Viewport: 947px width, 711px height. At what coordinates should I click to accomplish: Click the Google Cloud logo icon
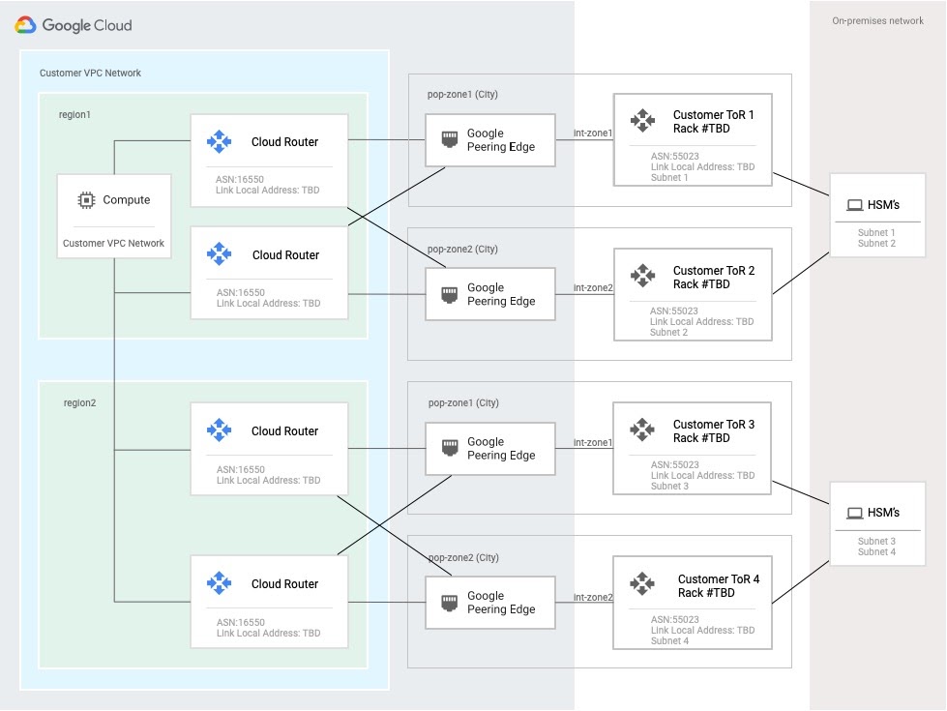pyautogui.click(x=25, y=25)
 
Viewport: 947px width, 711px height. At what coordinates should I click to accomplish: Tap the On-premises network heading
pyautogui.click(x=877, y=21)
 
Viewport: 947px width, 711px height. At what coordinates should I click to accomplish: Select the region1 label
pyautogui.click(x=74, y=114)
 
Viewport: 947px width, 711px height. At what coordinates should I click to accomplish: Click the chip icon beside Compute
pyautogui.click(x=87, y=200)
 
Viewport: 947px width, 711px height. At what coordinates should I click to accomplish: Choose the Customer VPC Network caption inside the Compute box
pyautogui.click(x=113, y=243)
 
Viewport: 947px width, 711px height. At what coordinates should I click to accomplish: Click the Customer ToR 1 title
pyautogui.click(x=713, y=115)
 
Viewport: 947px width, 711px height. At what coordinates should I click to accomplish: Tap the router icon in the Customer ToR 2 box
pyautogui.click(x=642, y=276)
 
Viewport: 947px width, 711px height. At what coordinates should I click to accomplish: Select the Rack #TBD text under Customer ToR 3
pyautogui.click(x=701, y=438)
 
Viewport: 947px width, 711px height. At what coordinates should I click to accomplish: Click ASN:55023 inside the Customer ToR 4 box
pyautogui.click(x=675, y=619)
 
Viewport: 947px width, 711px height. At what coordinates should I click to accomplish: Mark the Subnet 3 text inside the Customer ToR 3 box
pyautogui.click(x=669, y=487)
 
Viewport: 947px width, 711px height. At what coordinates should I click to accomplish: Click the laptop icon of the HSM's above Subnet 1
pyautogui.click(x=854, y=205)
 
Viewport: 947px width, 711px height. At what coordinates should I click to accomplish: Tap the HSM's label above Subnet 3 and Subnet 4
pyautogui.click(x=883, y=513)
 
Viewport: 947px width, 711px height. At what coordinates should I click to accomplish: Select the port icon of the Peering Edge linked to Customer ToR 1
pyautogui.click(x=450, y=139)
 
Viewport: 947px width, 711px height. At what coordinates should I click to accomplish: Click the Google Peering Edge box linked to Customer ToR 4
pyautogui.click(x=490, y=603)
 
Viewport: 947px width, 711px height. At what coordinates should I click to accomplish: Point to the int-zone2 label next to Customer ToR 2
pyautogui.click(x=593, y=288)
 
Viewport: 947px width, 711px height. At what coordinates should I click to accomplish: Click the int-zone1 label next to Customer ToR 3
pyautogui.click(x=593, y=442)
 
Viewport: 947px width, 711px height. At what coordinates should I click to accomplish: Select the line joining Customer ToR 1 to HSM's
pyautogui.click(x=801, y=186)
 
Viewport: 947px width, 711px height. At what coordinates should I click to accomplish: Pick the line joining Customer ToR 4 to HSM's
pyautogui.click(x=801, y=578)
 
